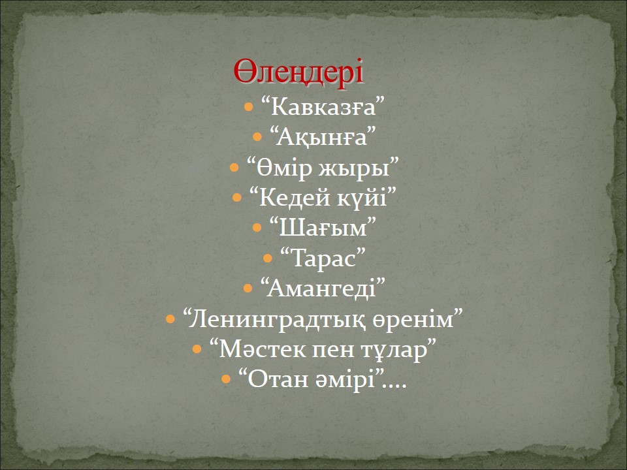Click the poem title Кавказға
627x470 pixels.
(323, 108)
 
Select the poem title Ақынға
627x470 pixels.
(322, 138)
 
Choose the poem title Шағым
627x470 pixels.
(323, 228)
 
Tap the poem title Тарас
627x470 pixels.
(323, 258)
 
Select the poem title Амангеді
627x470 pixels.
(322, 289)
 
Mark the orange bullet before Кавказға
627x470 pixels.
(248, 107)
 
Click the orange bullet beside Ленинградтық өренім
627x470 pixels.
(170, 319)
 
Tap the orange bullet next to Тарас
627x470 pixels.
(268, 258)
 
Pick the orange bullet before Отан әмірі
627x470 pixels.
(226, 379)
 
